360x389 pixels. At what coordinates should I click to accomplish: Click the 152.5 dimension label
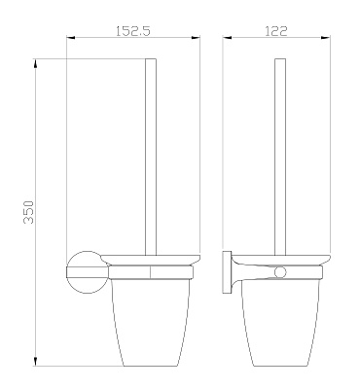point(133,31)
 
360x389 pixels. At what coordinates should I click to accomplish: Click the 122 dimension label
point(276,31)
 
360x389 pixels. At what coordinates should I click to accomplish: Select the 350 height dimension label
point(28,212)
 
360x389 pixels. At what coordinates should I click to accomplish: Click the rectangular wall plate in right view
point(227,272)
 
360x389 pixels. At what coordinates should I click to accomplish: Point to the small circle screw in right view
point(280,272)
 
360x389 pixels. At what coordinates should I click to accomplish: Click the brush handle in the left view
point(151,157)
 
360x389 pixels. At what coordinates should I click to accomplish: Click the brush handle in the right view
point(280,157)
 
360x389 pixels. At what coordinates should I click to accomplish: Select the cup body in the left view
point(150,323)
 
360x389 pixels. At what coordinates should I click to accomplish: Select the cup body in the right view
point(280,323)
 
